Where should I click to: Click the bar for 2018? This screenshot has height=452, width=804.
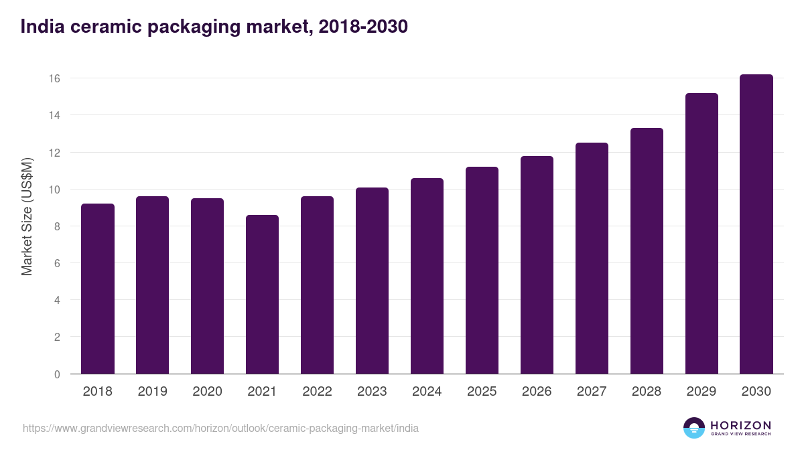pos(98,289)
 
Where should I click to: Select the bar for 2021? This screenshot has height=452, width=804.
pos(262,295)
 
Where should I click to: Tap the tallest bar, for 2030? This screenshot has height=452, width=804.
pos(756,224)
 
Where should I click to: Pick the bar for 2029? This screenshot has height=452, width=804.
pos(701,234)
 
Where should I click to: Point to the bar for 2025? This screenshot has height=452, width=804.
pos(482,271)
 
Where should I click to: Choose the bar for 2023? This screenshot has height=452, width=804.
pos(372,281)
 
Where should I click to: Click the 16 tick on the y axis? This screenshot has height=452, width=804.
pos(54,78)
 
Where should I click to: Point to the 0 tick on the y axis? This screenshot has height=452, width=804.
pos(57,374)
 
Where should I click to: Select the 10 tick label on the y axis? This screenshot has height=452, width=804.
pos(54,190)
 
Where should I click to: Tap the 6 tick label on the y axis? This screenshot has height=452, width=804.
pos(57,264)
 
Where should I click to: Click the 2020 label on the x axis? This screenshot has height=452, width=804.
pos(207,392)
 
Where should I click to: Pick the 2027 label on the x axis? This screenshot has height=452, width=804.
pos(592,392)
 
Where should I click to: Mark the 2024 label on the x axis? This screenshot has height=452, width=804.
pos(427,392)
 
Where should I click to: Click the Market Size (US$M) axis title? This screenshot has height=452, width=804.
pos(27,217)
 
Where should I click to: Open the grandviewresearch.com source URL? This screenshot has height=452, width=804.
pos(220,428)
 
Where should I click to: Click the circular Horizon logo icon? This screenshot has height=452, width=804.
pos(693,428)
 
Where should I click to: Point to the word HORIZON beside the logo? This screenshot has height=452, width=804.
pos(740,425)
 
